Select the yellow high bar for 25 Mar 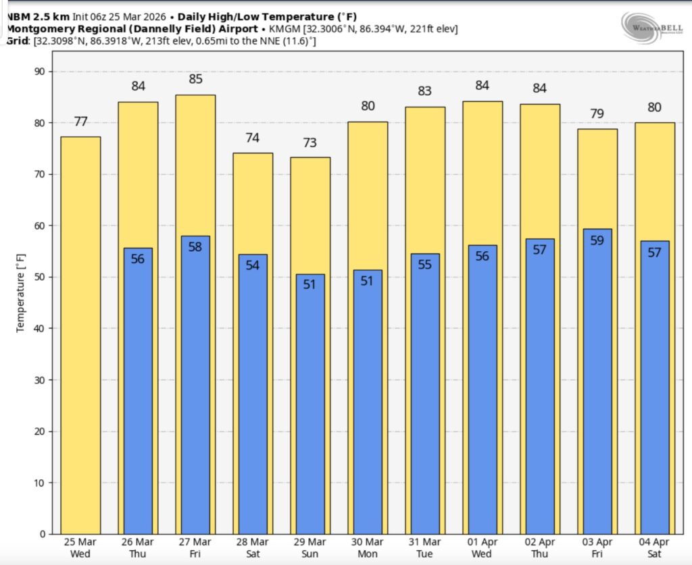click(81, 338)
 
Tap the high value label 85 click(195, 79)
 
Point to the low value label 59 click(597, 240)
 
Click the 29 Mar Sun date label click(310, 547)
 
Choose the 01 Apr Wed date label click(482, 547)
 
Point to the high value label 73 click(310, 143)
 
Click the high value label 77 click(81, 122)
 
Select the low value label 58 click(195, 247)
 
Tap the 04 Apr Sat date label click(654, 547)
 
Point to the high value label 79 click(597, 114)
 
